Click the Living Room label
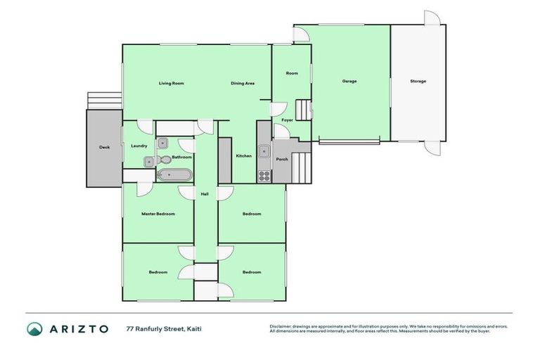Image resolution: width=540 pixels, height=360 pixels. click(171, 84)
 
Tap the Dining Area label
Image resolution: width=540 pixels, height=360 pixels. click(243, 84)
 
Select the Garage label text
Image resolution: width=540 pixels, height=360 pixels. click(349, 81)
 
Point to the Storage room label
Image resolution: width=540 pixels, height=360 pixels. click(418, 81)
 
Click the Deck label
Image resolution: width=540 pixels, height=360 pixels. click(104, 148)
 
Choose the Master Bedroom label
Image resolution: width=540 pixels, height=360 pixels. click(157, 214)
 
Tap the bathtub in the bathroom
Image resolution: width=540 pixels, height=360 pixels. click(173, 174)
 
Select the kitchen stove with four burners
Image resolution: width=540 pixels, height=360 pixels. click(264, 175)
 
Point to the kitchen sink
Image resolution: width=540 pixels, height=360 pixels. click(264, 151)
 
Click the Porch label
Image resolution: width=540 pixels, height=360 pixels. click(282, 159)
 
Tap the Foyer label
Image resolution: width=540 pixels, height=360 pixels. click(287, 120)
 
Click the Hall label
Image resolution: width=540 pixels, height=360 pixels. click(205, 194)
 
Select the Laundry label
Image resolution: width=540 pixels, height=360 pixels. click(139, 146)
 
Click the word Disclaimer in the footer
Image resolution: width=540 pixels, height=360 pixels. click(281, 326)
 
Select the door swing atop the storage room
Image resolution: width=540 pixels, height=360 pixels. click(432, 18)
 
